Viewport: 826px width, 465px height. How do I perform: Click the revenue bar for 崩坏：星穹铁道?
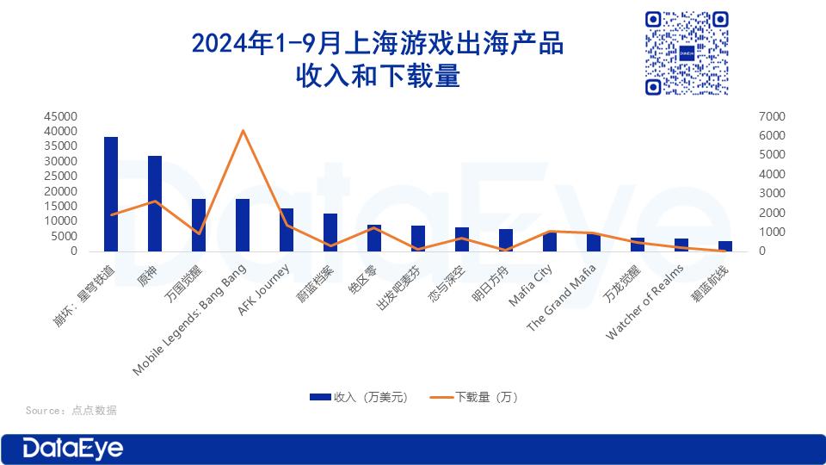coord(111,194)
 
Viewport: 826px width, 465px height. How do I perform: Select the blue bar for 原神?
coord(155,203)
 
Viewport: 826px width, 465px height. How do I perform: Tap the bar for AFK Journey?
coord(287,230)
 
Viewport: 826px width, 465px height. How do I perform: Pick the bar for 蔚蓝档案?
coord(330,232)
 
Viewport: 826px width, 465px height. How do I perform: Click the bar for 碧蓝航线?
coord(725,246)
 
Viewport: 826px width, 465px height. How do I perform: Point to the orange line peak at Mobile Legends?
coord(243,130)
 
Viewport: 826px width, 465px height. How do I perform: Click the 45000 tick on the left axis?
coord(60,116)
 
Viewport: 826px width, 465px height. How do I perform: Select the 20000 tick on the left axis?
coord(60,191)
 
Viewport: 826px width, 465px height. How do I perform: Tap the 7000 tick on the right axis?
coord(772,116)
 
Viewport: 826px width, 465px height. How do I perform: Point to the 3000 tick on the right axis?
coord(772,194)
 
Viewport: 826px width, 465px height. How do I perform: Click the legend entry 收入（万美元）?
coord(359,397)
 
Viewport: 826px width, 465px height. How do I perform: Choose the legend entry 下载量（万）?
coord(474,397)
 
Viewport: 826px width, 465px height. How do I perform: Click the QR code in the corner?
coord(687,53)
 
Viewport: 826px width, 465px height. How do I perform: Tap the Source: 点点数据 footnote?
coord(71,410)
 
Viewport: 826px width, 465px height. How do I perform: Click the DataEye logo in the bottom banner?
coord(72,449)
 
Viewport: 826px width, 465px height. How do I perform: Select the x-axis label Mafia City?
coord(531,285)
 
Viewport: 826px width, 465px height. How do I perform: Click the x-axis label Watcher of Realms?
coord(644,302)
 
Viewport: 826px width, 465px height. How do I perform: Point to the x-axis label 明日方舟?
coord(490,283)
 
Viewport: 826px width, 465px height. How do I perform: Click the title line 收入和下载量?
coord(378,76)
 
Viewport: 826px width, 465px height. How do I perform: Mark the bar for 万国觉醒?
coord(199,225)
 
